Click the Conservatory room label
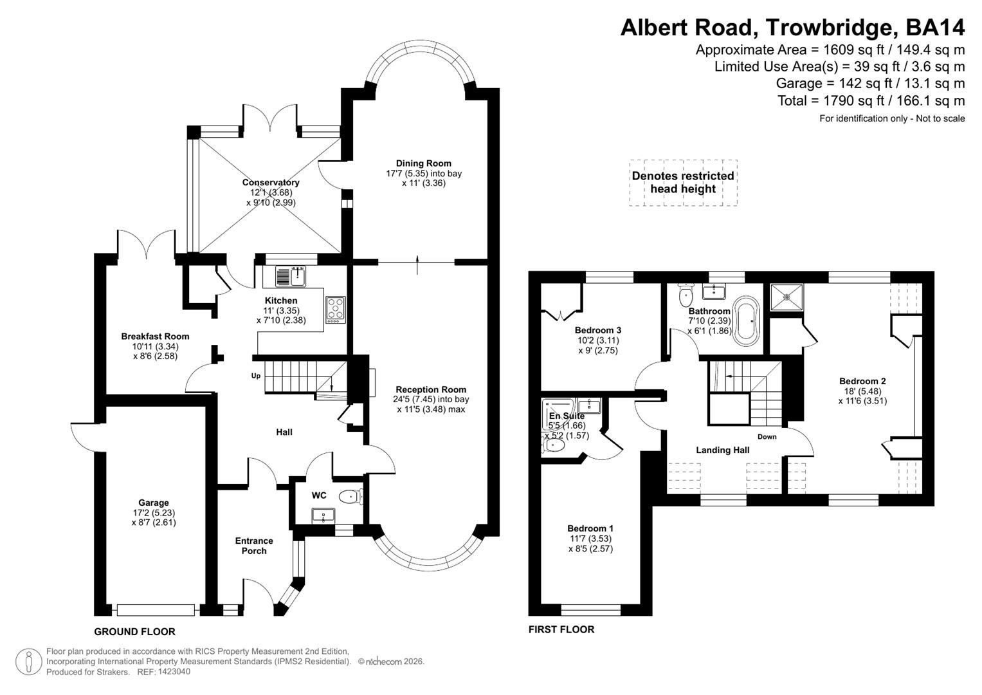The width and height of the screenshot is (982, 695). (x=271, y=183)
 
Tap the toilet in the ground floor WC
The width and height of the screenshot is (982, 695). (x=350, y=496)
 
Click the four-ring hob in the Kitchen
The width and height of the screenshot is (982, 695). (x=335, y=310)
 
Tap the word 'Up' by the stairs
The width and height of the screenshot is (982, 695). (x=256, y=376)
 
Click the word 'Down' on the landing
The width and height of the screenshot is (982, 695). (x=767, y=436)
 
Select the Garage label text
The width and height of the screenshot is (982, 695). (x=153, y=503)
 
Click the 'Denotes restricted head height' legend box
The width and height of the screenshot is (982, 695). (x=683, y=183)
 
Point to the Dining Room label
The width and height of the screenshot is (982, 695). (x=423, y=163)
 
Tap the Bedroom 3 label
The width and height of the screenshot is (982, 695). (x=597, y=330)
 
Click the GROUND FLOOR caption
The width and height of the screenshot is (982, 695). (x=134, y=631)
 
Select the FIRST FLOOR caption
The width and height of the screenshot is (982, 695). (x=561, y=629)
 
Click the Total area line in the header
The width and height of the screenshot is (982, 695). (x=871, y=100)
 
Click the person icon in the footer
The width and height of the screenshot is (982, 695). (x=29, y=662)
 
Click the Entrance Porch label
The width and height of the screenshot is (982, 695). (x=254, y=546)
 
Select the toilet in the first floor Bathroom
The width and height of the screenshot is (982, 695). (x=686, y=297)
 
